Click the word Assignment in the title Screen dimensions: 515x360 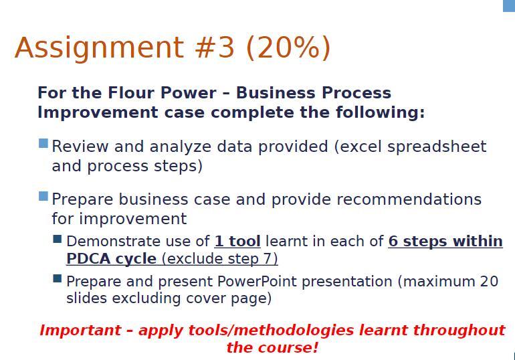[99, 48]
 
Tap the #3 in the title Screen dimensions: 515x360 [215, 48]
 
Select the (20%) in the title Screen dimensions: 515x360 [288, 48]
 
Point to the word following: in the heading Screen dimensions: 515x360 [380, 112]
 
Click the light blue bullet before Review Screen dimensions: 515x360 [43, 143]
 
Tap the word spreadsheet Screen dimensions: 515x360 [437, 147]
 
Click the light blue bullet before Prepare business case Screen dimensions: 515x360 [43, 196]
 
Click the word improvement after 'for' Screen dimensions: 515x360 [132, 219]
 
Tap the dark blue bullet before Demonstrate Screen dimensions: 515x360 [57, 239]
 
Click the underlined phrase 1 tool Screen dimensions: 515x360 [237, 242]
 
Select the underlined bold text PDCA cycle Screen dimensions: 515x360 [111, 258]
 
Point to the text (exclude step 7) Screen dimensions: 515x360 [220, 259]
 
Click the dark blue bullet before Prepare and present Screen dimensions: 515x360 [57, 278]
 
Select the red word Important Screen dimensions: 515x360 [80, 330]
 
